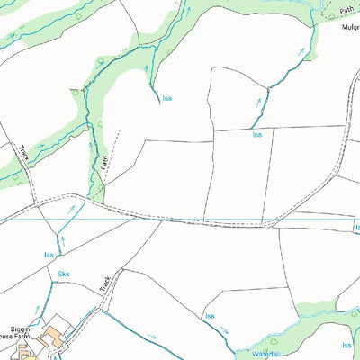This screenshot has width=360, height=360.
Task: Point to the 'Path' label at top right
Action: pyautogui.click(x=347, y=10)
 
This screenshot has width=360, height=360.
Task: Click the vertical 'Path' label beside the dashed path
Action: pyautogui.click(x=104, y=163)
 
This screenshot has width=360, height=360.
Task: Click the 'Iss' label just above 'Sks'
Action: pyautogui.click(x=49, y=255)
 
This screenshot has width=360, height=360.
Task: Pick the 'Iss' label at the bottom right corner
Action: pyautogui.click(x=347, y=344)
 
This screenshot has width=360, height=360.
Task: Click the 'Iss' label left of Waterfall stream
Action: pyautogui.click(x=210, y=316)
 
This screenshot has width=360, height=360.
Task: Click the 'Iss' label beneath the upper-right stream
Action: pyautogui.click(x=257, y=134)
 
